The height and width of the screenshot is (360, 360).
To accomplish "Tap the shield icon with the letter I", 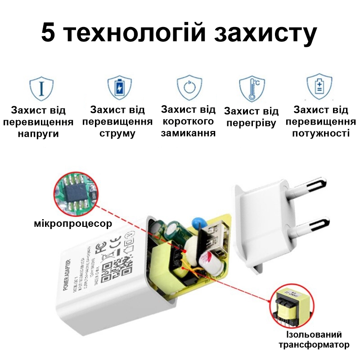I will [x=41, y=88].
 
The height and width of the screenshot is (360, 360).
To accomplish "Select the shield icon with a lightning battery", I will [x=119, y=88].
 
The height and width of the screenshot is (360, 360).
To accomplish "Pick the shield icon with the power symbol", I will [x=189, y=88].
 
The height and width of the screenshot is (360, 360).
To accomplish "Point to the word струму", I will [x=117, y=134].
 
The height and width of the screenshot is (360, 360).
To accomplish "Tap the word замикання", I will [x=188, y=133].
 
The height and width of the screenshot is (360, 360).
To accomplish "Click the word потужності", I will [x=320, y=134].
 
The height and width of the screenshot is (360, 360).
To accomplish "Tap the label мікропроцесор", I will [x=72, y=224].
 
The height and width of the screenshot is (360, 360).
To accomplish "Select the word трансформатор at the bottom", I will [x=314, y=345].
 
